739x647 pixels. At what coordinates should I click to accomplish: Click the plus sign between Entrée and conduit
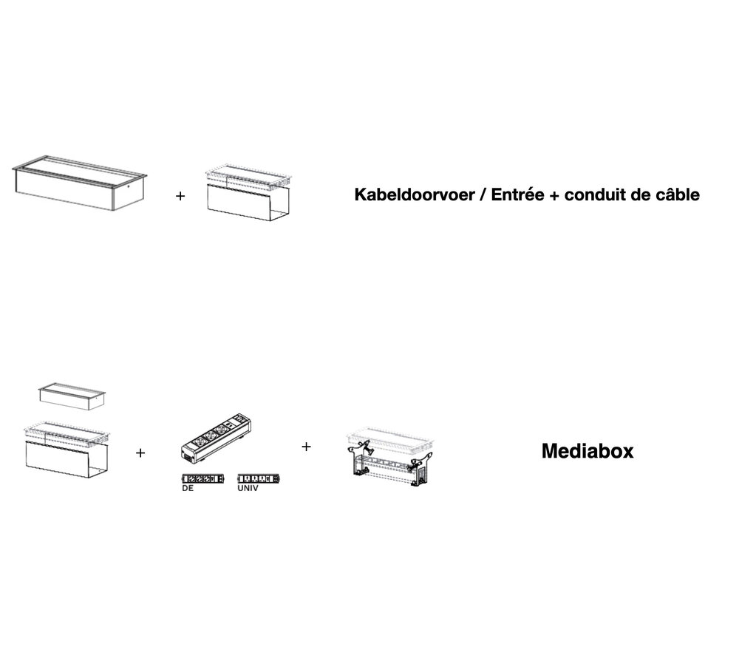pos(554,197)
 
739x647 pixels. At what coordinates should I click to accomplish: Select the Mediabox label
pos(588,451)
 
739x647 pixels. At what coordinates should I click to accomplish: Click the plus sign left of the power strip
pos(140,453)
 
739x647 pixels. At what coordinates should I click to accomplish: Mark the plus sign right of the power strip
pos(306,447)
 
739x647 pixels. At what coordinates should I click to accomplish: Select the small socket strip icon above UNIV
pos(259,478)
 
